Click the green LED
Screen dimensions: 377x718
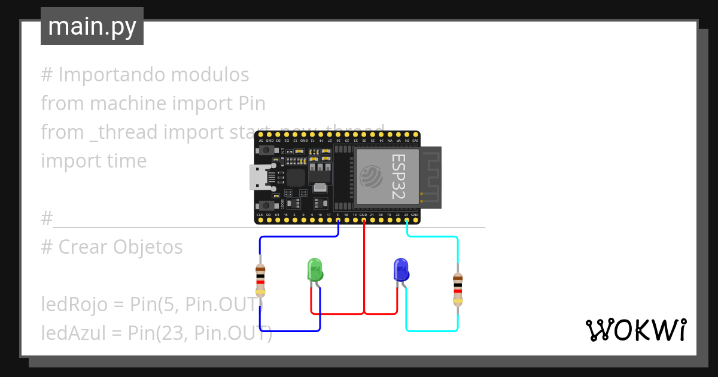[x=315, y=270]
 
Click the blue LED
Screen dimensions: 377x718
[x=401, y=270]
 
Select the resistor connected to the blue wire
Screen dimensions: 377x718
[x=260, y=279]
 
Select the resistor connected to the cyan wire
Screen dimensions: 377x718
[x=458, y=288]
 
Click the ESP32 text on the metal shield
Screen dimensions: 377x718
[x=398, y=177]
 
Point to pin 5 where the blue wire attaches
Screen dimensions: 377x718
[x=338, y=220]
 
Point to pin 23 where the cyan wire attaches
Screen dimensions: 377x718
[x=406, y=220]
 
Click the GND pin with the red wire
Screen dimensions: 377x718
[x=364, y=220]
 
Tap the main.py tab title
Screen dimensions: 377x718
[x=92, y=27]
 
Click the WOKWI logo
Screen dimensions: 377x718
[x=635, y=330]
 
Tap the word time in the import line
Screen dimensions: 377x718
[x=124, y=161]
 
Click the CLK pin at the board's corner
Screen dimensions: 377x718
[x=260, y=220]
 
